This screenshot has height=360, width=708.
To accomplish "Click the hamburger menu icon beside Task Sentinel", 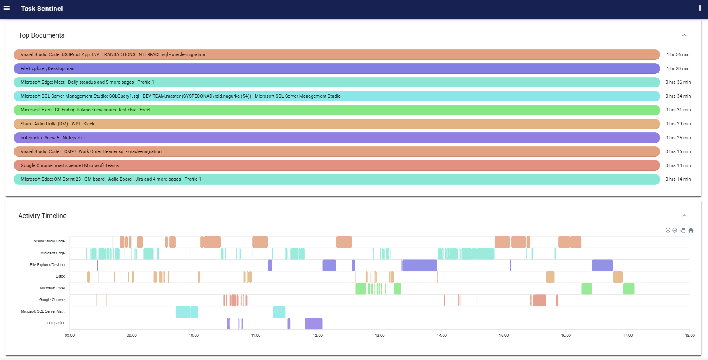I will [x=7, y=8].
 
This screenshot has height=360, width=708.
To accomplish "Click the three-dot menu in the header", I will [x=700, y=8].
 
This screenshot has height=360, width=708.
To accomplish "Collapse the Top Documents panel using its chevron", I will [x=684, y=35].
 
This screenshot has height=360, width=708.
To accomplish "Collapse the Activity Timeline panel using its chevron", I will [x=684, y=216].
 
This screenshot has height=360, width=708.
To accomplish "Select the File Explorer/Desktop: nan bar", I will [x=336, y=68].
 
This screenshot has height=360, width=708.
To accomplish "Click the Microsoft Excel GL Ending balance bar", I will [x=336, y=110].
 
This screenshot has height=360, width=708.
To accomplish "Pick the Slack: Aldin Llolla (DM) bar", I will [x=336, y=124].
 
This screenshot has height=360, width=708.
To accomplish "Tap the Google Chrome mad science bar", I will [x=336, y=165].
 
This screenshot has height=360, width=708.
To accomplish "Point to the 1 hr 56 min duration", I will [x=678, y=54].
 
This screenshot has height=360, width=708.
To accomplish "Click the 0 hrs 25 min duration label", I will [x=678, y=138].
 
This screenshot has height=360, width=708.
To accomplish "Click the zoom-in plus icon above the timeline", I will [x=668, y=230].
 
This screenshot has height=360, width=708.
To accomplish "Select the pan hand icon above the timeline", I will [x=683, y=230].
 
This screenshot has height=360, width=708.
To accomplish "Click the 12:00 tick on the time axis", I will [x=318, y=336].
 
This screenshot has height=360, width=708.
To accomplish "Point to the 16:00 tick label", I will [x=566, y=336].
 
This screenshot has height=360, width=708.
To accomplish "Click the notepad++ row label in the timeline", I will [x=56, y=323].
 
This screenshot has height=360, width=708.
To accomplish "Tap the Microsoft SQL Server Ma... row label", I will [x=43, y=311].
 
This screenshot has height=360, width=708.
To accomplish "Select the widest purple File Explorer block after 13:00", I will [x=420, y=266].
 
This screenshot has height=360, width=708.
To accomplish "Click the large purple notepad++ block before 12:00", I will [x=313, y=324].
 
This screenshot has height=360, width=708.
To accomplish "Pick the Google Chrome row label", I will [x=52, y=300].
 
